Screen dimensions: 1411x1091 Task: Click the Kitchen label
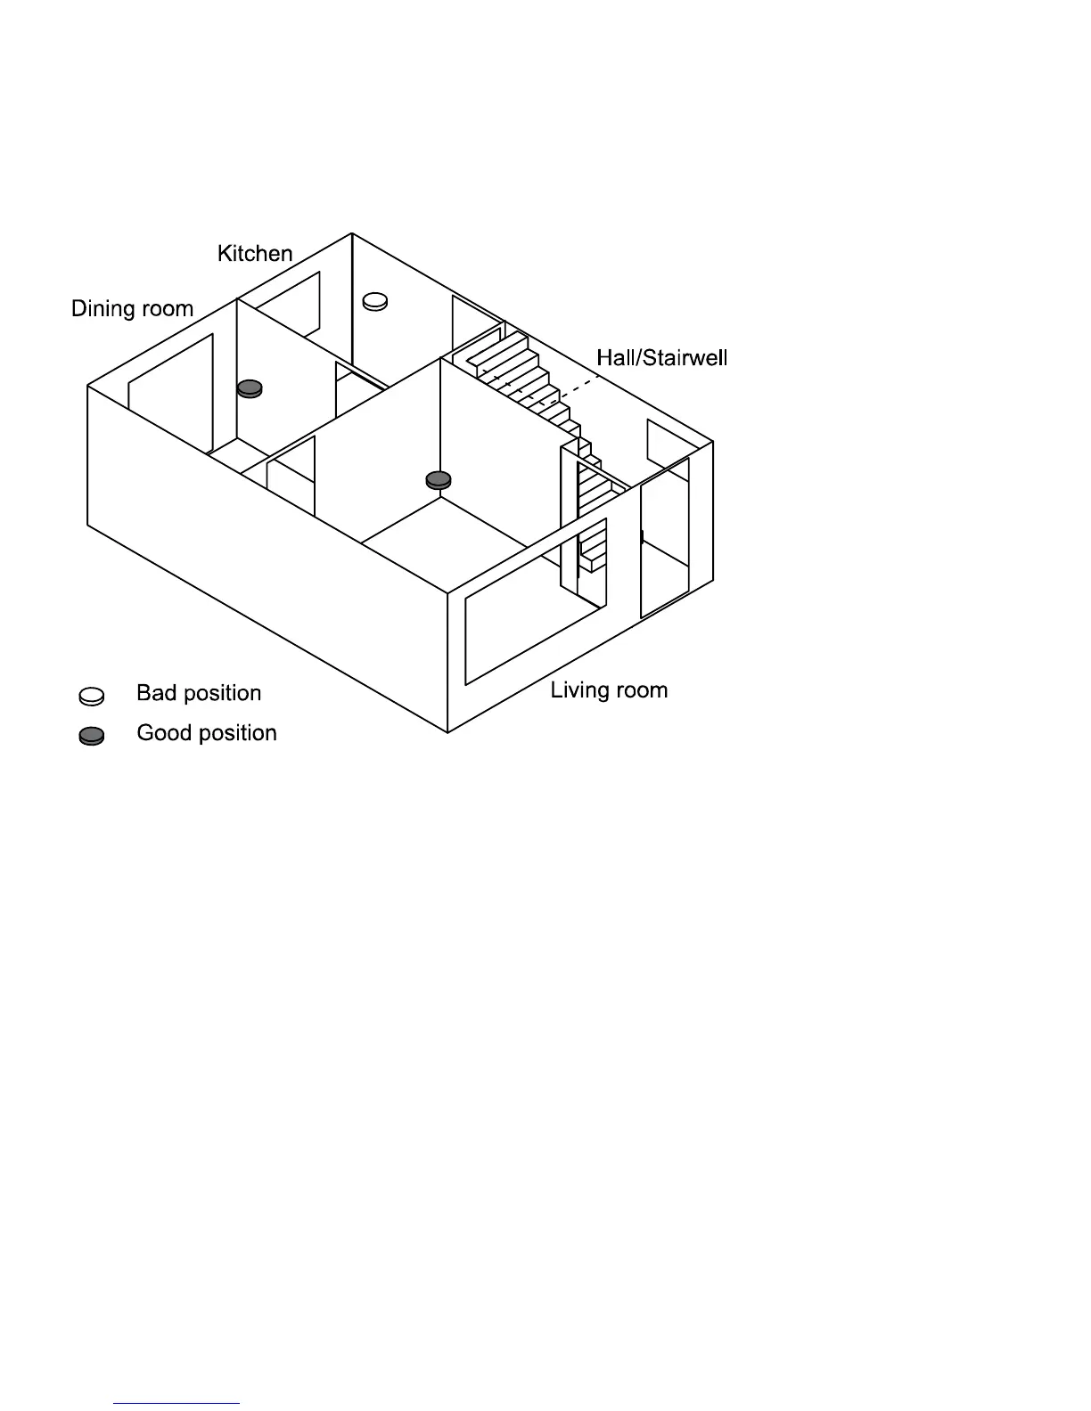[x=255, y=254]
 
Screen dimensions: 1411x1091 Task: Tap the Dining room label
[x=132, y=309]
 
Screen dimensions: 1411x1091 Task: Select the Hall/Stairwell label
[x=661, y=358]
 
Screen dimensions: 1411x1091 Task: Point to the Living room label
[x=609, y=690]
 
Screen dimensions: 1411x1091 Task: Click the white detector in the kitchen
[x=375, y=302]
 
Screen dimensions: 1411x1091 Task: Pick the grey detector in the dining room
[x=250, y=387]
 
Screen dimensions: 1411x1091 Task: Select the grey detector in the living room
[x=438, y=480]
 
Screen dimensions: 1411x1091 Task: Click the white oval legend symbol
[x=92, y=695]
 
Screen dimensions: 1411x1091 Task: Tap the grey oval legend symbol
[x=92, y=736]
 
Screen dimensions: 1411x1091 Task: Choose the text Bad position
[x=199, y=693]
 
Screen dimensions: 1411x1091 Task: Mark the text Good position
[x=207, y=733]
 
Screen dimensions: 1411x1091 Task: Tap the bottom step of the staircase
[x=595, y=561]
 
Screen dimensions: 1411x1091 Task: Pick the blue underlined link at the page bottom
[x=176, y=1403]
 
